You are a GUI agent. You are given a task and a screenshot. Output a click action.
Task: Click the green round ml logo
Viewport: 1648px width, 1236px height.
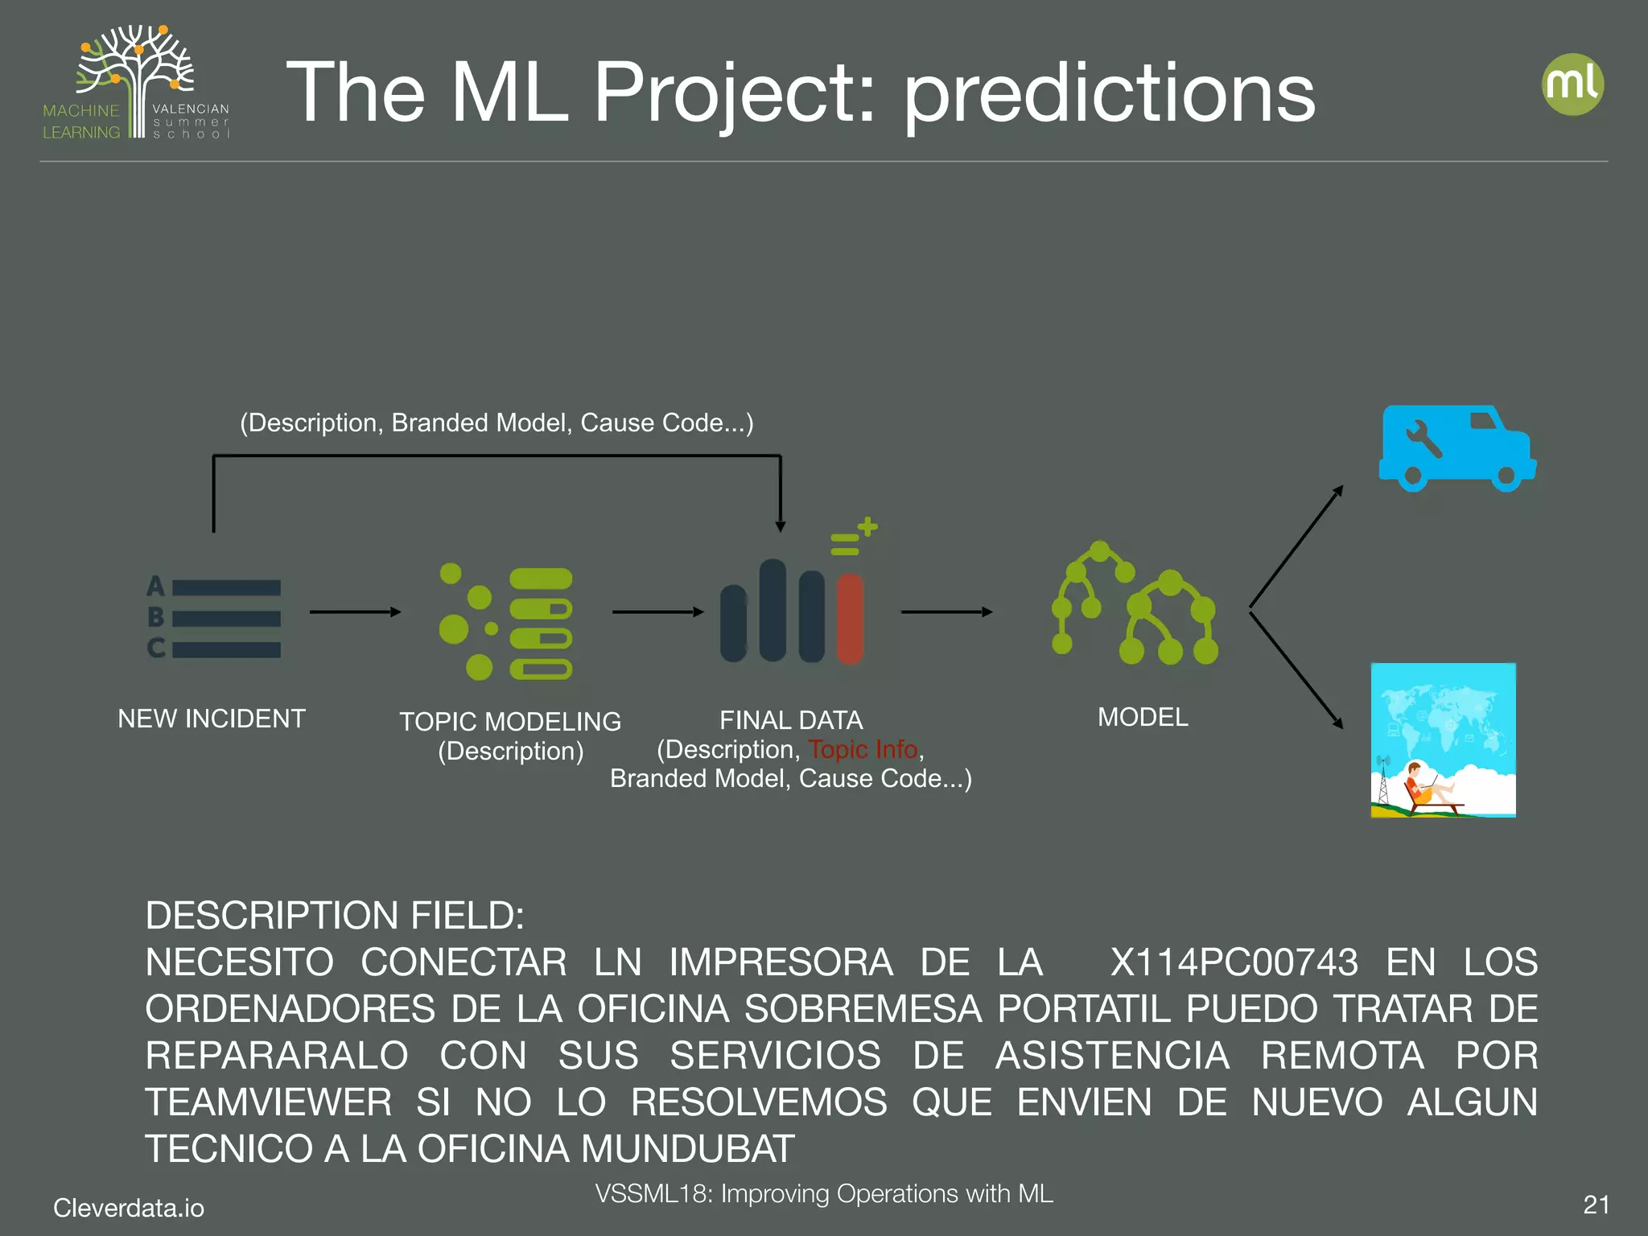1572,84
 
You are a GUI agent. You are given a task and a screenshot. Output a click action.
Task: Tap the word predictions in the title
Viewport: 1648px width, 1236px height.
1109,94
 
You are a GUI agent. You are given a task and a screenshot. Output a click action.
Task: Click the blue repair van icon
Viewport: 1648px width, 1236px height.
1456,449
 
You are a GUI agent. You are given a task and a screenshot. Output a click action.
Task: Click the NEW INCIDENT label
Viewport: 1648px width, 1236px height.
212,718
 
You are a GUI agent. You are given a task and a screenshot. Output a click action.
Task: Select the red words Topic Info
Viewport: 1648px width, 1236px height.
863,749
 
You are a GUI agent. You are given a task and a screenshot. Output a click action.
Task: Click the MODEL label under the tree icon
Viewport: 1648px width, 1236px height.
1143,717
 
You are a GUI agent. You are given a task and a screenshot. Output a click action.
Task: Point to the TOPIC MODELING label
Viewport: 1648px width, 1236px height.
510,721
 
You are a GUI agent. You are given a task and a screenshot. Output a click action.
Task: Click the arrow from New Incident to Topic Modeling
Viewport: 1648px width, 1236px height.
355,612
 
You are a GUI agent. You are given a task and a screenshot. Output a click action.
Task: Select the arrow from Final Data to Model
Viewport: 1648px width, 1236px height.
946,612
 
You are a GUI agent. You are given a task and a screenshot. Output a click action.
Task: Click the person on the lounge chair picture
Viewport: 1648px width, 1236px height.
1421,785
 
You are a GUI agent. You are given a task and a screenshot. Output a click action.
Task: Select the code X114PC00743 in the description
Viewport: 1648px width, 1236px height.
1234,962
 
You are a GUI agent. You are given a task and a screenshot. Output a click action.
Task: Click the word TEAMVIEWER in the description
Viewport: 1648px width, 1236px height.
268,1102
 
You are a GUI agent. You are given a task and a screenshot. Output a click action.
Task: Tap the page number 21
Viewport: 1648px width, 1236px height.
1596,1205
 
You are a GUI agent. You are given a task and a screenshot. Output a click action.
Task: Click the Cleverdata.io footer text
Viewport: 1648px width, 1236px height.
129,1208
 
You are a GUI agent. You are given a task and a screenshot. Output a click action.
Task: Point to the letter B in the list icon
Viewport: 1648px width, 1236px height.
156,617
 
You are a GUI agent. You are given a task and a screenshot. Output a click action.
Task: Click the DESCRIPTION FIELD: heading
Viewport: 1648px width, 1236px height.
335,916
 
